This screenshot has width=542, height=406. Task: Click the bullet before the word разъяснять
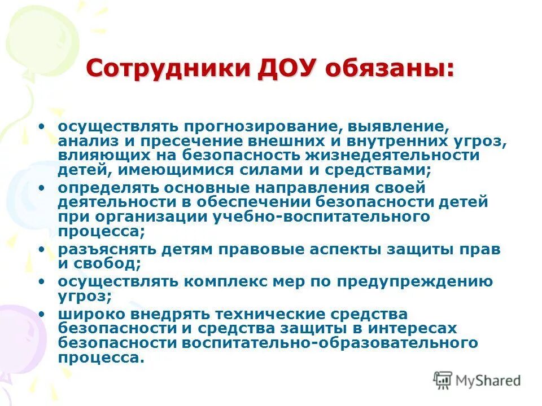(x=42, y=249)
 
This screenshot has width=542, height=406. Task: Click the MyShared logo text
(x=486, y=381)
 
